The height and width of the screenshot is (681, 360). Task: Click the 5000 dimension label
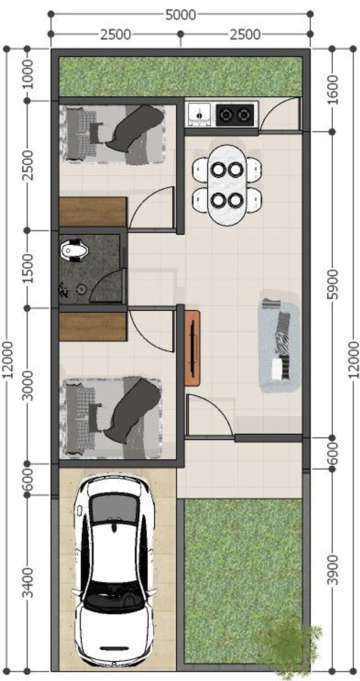click(x=180, y=15)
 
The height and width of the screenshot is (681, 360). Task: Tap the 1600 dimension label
click(x=332, y=89)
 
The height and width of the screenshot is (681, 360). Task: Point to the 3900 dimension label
click(x=333, y=570)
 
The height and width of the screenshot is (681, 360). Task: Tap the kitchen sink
click(x=199, y=114)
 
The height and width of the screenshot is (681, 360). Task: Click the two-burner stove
click(x=235, y=115)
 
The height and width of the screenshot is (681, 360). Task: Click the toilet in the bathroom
click(x=74, y=250)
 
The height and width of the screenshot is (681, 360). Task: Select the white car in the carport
click(x=114, y=570)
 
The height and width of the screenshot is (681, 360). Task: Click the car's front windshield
click(x=114, y=509)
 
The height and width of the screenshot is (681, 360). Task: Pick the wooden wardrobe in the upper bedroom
click(x=93, y=211)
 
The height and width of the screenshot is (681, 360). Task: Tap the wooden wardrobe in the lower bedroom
click(x=93, y=326)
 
